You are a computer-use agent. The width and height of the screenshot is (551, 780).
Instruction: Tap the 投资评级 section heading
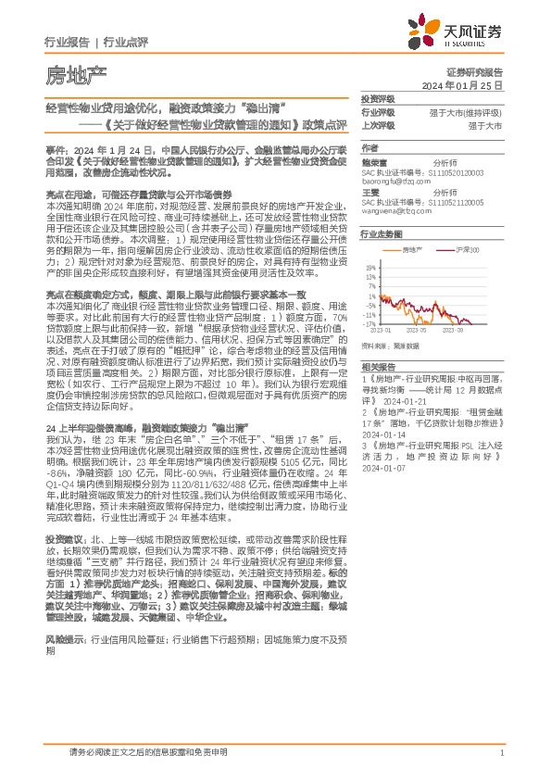click(377, 97)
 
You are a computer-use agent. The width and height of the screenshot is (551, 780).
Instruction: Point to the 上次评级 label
click(377, 124)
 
